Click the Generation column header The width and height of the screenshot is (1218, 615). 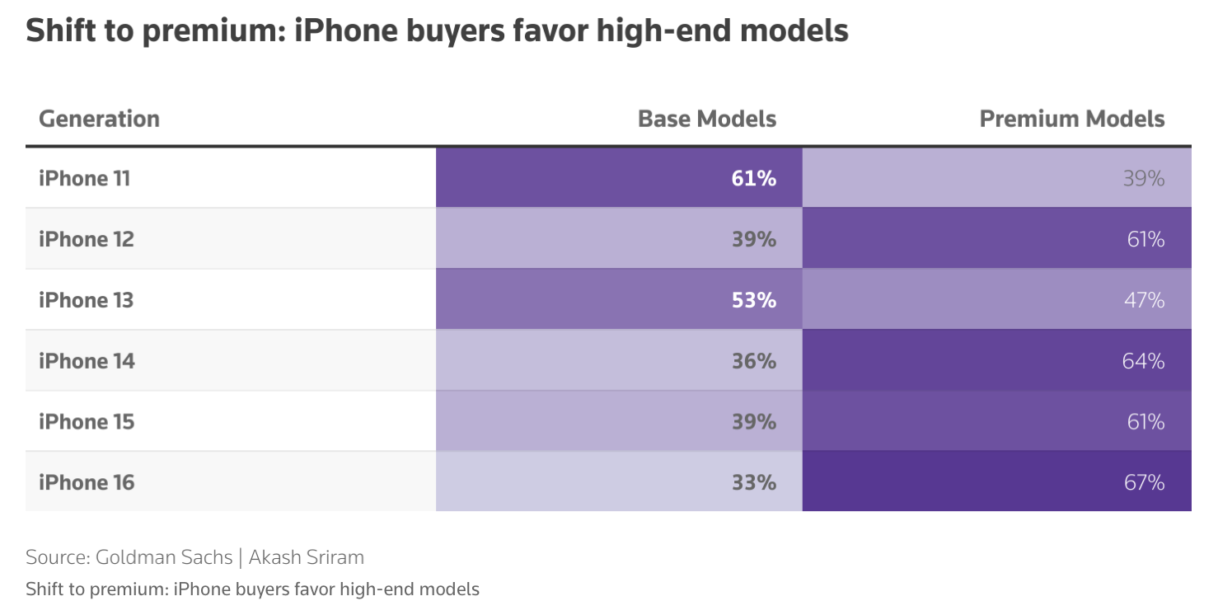99,119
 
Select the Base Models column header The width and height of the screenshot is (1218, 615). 706,119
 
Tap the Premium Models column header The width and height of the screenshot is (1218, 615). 1071,119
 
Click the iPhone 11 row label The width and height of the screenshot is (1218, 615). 84,178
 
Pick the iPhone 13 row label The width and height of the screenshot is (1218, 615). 86,300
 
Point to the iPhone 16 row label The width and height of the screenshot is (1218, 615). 86,482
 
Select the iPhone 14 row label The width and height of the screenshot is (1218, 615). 87,361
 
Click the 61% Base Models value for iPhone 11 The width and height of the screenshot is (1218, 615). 753,178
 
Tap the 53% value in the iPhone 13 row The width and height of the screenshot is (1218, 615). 753,300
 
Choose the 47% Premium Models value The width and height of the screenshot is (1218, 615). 1144,300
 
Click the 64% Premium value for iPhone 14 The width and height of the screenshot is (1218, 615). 1144,361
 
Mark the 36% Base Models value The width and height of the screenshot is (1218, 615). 753,361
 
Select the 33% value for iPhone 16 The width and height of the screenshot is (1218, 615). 753,482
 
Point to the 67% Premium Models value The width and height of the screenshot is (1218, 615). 1144,482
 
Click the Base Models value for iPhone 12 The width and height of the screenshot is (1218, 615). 753,239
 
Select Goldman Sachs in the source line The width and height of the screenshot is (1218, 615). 164,557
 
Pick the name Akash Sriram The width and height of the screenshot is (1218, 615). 306,557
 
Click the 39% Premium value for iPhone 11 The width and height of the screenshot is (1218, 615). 1144,178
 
